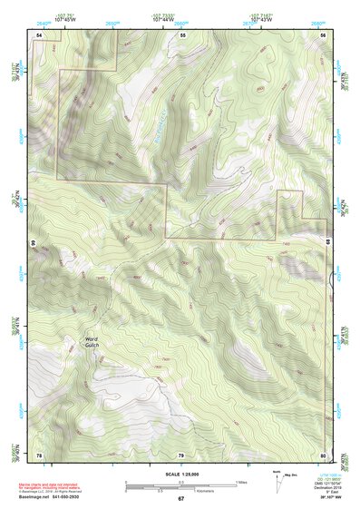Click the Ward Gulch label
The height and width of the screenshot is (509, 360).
tap(91, 338)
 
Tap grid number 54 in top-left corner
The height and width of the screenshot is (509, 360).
tap(39, 34)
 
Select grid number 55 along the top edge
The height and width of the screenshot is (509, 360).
tap(182, 34)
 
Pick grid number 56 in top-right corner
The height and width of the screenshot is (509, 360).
tap(323, 34)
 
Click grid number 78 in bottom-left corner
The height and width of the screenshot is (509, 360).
tap(39, 454)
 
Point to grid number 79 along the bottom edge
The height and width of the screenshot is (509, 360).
tap(180, 454)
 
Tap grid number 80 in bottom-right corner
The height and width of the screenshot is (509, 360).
tap(323, 454)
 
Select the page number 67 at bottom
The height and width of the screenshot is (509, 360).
tap(180, 498)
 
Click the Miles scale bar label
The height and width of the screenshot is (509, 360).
tap(240, 481)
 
